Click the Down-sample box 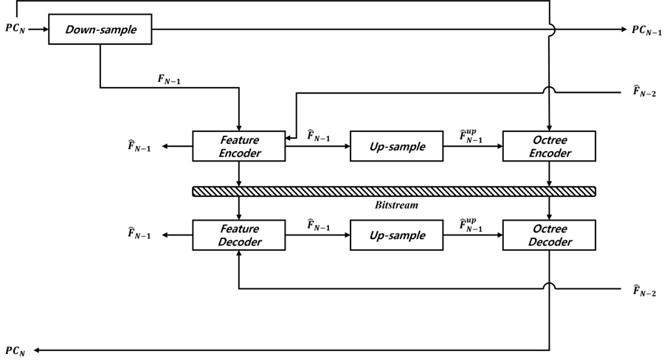[x=100, y=30]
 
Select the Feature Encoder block [x=238, y=146]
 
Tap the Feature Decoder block [x=238, y=235]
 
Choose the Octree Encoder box [x=549, y=146]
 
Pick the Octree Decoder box [x=549, y=235]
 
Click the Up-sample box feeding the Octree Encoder [x=396, y=146]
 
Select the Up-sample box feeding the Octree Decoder [x=396, y=235]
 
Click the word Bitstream [x=396, y=205]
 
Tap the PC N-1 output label [x=647, y=30]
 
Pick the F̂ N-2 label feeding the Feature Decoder [x=644, y=291]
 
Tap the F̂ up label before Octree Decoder [x=472, y=224]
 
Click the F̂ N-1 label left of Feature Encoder [x=139, y=146]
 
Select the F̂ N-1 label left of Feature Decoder [x=139, y=235]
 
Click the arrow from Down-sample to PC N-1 [x=369, y=30]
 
